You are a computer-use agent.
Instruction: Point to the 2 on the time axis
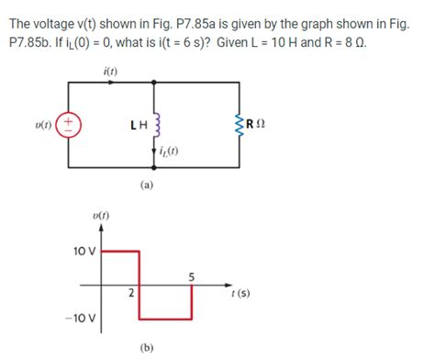click(131, 294)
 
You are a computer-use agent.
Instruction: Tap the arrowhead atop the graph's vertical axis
click(101, 231)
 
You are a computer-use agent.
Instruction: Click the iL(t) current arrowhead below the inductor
click(154, 158)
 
